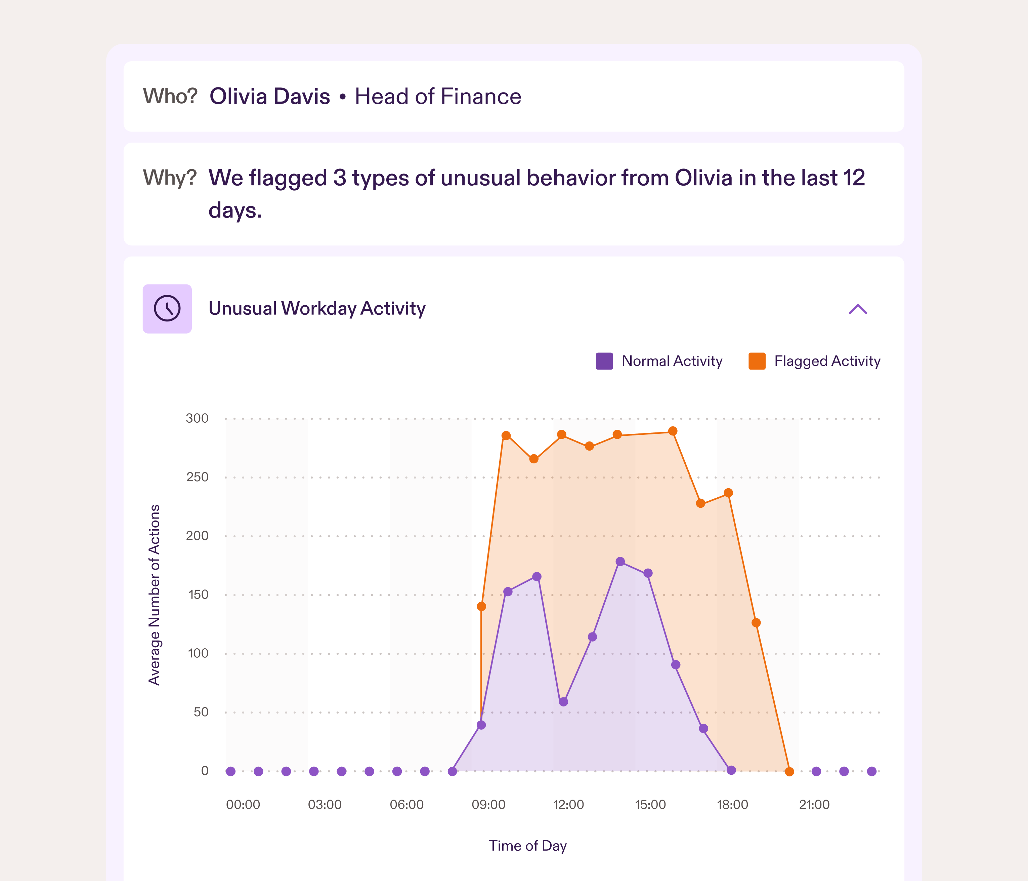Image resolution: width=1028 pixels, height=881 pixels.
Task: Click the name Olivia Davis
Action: (269, 97)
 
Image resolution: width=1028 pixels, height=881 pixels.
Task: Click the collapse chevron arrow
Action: (857, 309)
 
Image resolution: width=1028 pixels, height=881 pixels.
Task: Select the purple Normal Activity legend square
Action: (604, 361)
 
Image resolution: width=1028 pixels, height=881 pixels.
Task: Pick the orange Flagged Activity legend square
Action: (757, 361)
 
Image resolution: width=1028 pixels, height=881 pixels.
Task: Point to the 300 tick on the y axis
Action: (197, 418)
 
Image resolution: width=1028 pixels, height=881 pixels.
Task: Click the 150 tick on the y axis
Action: (198, 595)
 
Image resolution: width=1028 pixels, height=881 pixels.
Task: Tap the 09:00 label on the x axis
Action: (488, 805)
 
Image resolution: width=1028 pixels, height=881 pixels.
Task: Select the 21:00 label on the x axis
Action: (814, 805)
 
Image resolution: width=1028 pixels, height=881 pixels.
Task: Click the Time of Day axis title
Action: (527, 846)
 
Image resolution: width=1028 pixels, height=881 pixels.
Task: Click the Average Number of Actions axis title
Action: (154, 595)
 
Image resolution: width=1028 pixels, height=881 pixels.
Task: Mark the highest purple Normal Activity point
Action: (620, 562)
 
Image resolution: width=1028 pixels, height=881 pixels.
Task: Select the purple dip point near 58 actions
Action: (563, 702)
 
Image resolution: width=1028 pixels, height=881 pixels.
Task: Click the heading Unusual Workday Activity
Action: (316, 308)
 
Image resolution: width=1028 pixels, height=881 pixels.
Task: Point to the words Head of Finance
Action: (438, 97)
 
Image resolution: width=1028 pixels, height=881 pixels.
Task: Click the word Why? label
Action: (170, 178)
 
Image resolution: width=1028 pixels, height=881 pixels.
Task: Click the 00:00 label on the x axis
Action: (243, 805)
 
